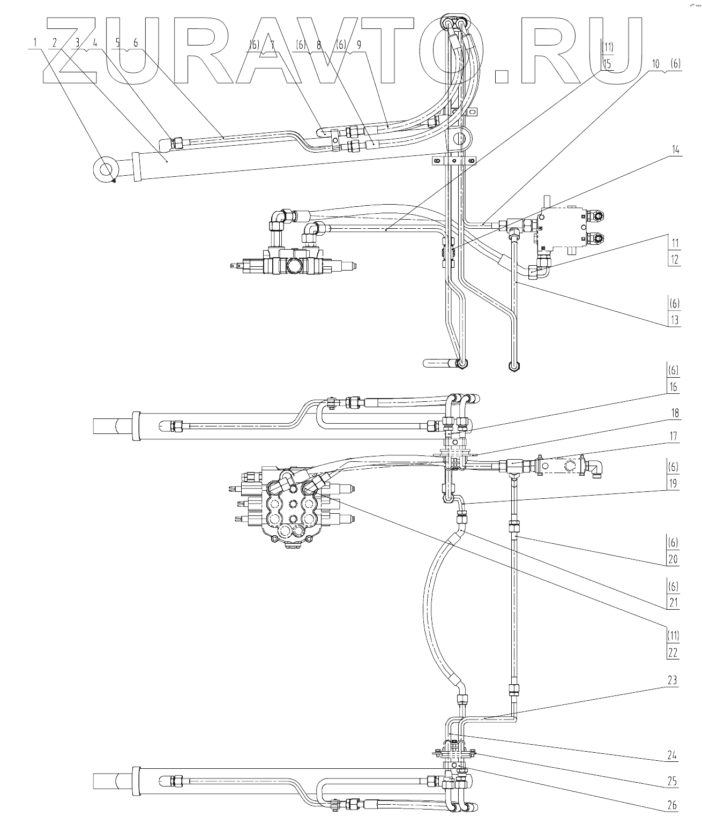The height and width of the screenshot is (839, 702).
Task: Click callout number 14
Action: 675,151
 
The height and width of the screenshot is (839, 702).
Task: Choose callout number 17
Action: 674,437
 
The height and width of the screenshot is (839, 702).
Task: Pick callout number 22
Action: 674,653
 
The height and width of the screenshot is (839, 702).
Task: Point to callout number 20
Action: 674,560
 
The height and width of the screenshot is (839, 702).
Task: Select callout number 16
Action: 674,387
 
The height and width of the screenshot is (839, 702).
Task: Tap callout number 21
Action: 674,602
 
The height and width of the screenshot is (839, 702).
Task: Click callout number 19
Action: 674,484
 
